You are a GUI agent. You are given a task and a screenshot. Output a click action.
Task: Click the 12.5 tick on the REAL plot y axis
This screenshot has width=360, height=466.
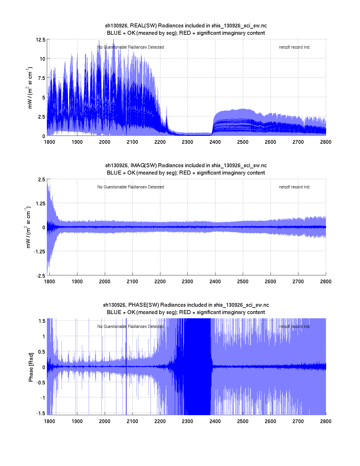[40, 40]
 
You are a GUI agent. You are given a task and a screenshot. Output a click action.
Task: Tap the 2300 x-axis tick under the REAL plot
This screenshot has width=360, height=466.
[187, 142]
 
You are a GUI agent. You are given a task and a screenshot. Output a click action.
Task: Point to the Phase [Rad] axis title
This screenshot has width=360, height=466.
[31, 367]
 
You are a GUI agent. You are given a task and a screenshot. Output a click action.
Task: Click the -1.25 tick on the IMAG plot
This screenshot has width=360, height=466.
[39, 252]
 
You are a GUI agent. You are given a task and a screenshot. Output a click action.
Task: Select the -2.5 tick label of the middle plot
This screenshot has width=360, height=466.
[40, 276]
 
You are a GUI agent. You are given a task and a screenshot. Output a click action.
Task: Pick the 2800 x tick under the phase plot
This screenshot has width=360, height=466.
[326, 421]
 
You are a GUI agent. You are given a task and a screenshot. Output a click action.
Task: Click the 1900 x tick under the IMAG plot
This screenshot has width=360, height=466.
[77, 282]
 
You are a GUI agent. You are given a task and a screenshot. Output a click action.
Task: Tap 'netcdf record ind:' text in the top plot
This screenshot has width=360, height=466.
[294, 47]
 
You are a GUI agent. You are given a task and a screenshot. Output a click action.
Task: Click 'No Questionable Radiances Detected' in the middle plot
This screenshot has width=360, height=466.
[130, 187]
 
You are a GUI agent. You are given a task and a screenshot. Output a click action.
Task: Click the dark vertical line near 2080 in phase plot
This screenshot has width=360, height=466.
[126, 367]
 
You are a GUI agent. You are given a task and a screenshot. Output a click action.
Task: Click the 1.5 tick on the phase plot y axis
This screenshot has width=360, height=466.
[42, 321]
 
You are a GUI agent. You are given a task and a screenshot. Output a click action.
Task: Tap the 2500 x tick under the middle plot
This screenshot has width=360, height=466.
[243, 282]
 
